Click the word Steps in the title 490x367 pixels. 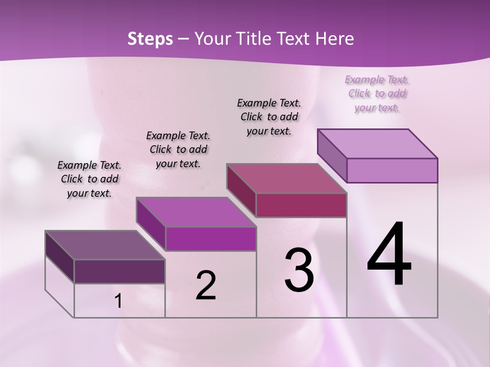150,39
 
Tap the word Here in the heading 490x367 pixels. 335,39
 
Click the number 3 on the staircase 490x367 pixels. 299,270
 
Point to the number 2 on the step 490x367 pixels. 206,285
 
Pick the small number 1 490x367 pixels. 118,301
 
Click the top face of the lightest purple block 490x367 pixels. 377,144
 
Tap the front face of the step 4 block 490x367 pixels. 392,170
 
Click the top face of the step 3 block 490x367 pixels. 286,178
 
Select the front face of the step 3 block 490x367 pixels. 301,205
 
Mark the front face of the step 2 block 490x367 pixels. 211,239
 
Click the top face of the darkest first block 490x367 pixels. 105,245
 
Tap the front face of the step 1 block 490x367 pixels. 119,271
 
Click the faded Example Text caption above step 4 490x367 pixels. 377,80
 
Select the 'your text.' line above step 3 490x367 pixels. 269,131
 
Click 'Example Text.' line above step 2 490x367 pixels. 178,136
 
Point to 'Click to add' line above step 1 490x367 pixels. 90,179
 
